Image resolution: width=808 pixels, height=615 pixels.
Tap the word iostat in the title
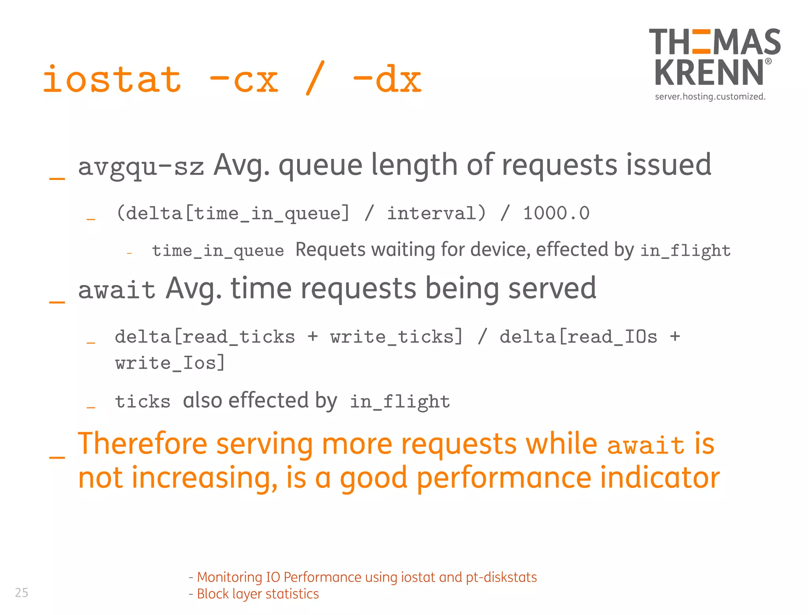click(x=112, y=80)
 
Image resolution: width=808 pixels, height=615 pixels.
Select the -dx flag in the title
click(x=387, y=80)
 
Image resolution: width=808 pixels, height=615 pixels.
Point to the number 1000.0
click(x=556, y=214)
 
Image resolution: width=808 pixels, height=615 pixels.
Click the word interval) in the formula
click(x=436, y=214)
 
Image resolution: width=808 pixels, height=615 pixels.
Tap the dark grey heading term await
click(x=117, y=290)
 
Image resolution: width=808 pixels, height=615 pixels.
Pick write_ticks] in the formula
click(x=396, y=337)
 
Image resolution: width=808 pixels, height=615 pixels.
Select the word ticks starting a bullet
click(x=142, y=402)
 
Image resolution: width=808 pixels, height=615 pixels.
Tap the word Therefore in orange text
click(x=142, y=444)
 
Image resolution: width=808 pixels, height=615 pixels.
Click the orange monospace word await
click(x=645, y=446)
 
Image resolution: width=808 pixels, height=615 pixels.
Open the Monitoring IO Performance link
click(x=367, y=577)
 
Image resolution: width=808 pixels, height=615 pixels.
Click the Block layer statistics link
click(x=258, y=594)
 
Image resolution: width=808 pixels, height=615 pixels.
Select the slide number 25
click(x=22, y=592)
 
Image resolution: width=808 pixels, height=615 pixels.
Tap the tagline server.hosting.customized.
click(x=710, y=97)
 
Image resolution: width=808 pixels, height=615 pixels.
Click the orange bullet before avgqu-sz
click(x=57, y=178)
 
